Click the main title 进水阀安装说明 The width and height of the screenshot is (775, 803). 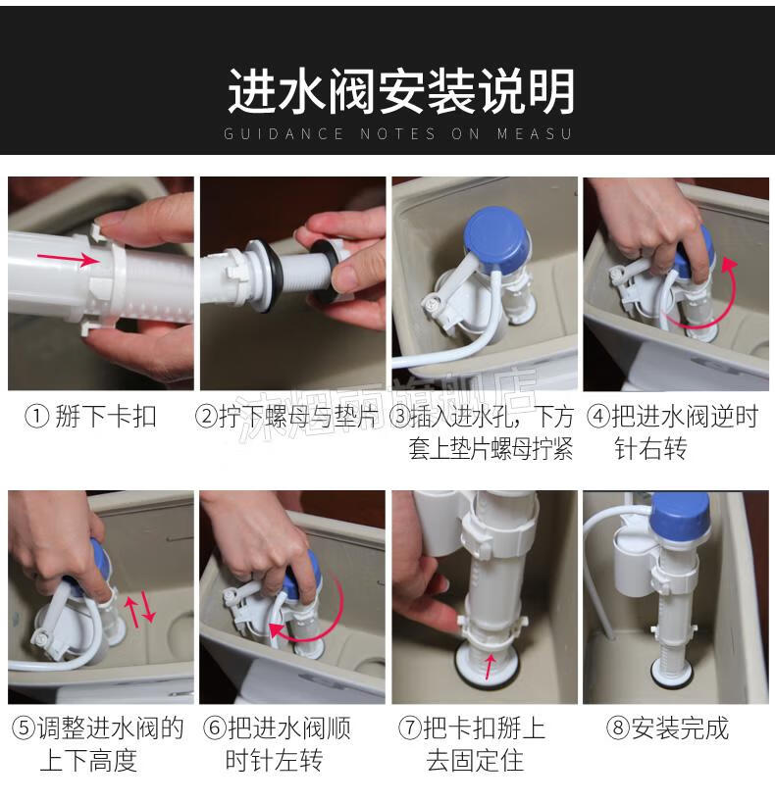click(400, 91)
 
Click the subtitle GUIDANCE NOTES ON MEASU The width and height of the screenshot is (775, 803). click(397, 134)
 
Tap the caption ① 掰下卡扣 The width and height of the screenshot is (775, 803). click(91, 417)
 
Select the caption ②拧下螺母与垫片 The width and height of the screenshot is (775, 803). click(286, 417)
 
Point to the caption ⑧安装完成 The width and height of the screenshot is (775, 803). click(668, 728)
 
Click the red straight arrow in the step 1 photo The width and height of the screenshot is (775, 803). click(77, 259)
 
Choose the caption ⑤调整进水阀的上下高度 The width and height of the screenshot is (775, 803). click(96, 743)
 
